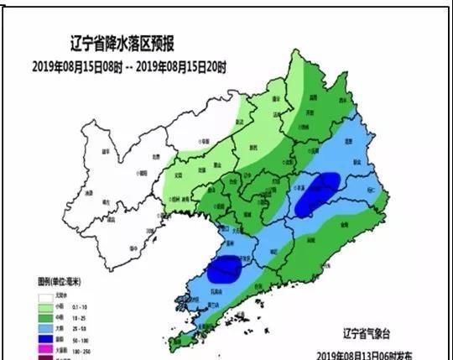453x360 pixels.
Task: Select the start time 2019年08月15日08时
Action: tap(80, 65)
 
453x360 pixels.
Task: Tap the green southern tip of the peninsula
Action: tap(180, 340)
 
